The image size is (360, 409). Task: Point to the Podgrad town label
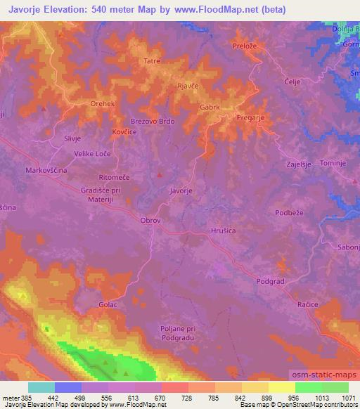(271, 280)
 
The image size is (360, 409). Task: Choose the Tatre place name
(152, 61)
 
